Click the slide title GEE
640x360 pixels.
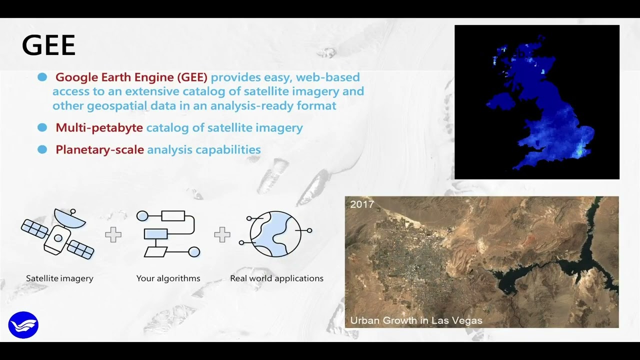[48, 45]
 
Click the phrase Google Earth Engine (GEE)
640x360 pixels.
[131, 77]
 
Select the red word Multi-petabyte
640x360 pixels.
[99, 128]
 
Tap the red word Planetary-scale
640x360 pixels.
[99, 149]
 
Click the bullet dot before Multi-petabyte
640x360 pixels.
[42, 127]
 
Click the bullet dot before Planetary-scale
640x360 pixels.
[42, 149]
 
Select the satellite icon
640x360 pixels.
[58, 234]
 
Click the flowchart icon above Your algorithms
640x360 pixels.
[168, 234]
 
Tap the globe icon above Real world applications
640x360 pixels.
[275, 234]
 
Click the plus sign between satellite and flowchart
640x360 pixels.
[113, 234]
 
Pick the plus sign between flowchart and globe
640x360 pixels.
[222, 234]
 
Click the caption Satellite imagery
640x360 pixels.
[59, 278]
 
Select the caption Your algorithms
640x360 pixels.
[168, 278]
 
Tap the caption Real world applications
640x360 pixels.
[276, 278]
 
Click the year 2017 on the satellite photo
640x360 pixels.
[362, 204]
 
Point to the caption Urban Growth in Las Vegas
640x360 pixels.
[416, 320]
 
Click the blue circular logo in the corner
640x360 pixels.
[23, 325]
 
